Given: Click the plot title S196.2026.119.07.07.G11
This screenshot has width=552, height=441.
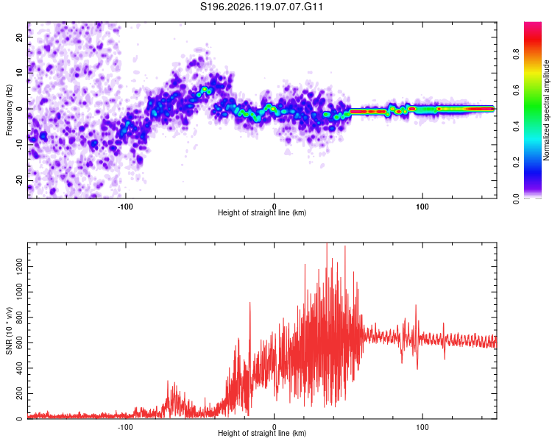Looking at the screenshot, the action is (x=261, y=7).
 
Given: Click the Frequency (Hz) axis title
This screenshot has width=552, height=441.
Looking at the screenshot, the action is (x=9, y=110).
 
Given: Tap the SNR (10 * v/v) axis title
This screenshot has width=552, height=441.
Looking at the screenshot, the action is (x=9, y=331).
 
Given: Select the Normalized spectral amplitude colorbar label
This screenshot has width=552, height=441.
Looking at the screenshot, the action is (x=546, y=110).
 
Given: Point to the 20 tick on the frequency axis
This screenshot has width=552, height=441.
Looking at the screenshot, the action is (x=20, y=37).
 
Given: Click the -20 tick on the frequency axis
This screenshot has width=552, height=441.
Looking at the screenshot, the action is (x=20, y=180).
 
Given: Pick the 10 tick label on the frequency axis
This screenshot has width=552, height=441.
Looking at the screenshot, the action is (x=20, y=73).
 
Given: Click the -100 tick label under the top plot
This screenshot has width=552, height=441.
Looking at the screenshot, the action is (x=125, y=207).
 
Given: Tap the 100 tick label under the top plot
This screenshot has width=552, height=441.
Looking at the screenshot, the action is (x=422, y=207).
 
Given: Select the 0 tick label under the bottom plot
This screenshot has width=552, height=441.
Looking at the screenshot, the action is (x=274, y=427).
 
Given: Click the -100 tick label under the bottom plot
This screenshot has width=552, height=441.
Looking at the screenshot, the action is (x=125, y=427).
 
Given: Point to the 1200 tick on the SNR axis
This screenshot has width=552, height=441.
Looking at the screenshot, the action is (x=20, y=266).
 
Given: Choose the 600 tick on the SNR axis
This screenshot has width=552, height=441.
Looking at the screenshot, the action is (x=20, y=343).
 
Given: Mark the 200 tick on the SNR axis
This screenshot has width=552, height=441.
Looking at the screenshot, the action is (x=20, y=393).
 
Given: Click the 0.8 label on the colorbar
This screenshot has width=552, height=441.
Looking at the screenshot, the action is (x=516, y=54).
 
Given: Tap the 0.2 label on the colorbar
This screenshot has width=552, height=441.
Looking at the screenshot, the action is (x=516, y=162).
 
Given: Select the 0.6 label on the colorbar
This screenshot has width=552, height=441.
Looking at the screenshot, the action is (x=516, y=90).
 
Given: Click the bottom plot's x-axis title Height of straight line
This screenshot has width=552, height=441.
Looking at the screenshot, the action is (x=262, y=433).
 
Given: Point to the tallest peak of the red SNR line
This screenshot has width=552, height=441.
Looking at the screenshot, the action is (x=327, y=244).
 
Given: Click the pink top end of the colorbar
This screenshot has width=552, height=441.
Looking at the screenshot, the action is (x=533, y=24).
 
